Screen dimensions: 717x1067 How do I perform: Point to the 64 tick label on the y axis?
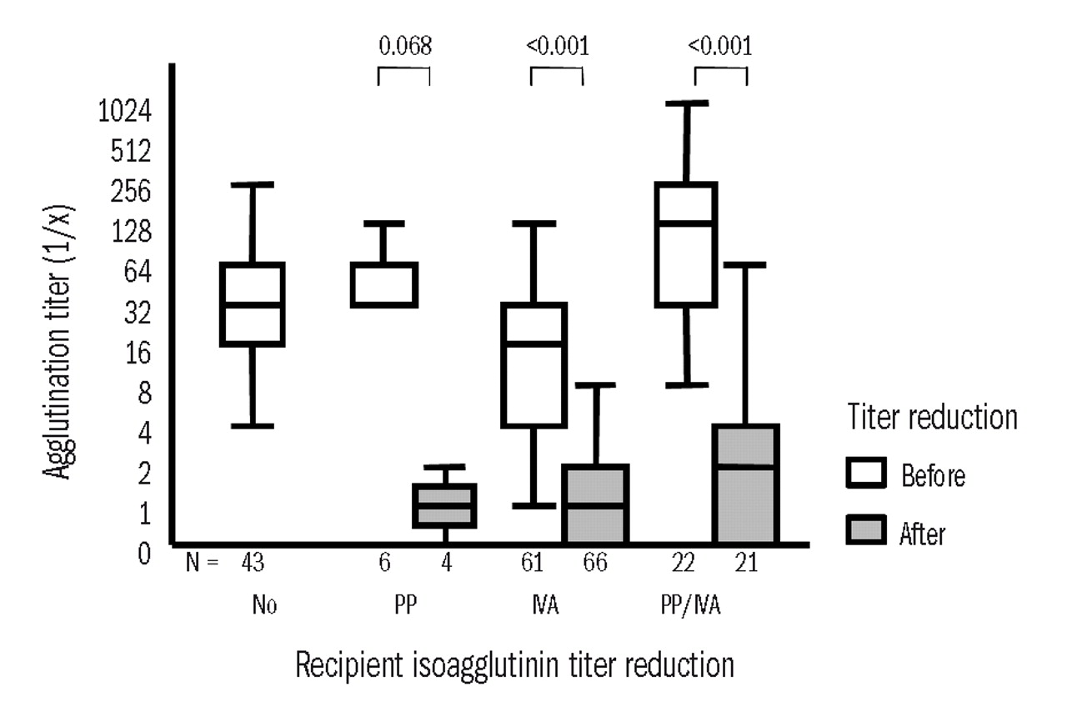pyautogui.click(x=138, y=273)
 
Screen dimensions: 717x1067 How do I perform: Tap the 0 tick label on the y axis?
pyautogui.click(x=143, y=553)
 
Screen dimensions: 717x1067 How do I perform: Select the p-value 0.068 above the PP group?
pyautogui.click(x=404, y=45)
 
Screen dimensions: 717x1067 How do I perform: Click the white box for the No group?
pyautogui.click(x=253, y=304)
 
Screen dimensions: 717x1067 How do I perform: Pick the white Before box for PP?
pyautogui.click(x=383, y=285)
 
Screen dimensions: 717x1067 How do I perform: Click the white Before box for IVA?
pyautogui.click(x=533, y=365)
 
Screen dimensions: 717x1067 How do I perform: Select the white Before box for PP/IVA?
pyautogui.click(x=687, y=244)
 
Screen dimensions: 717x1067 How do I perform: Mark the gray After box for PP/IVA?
pyautogui.click(x=746, y=484)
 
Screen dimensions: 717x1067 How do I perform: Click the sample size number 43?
pyautogui.click(x=253, y=564)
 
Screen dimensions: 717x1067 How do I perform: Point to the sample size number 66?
pyautogui.click(x=594, y=564)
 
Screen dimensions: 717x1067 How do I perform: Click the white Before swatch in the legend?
pyautogui.click(x=869, y=474)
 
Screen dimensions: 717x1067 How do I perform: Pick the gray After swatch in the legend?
pyautogui.click(x=869, y=530)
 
